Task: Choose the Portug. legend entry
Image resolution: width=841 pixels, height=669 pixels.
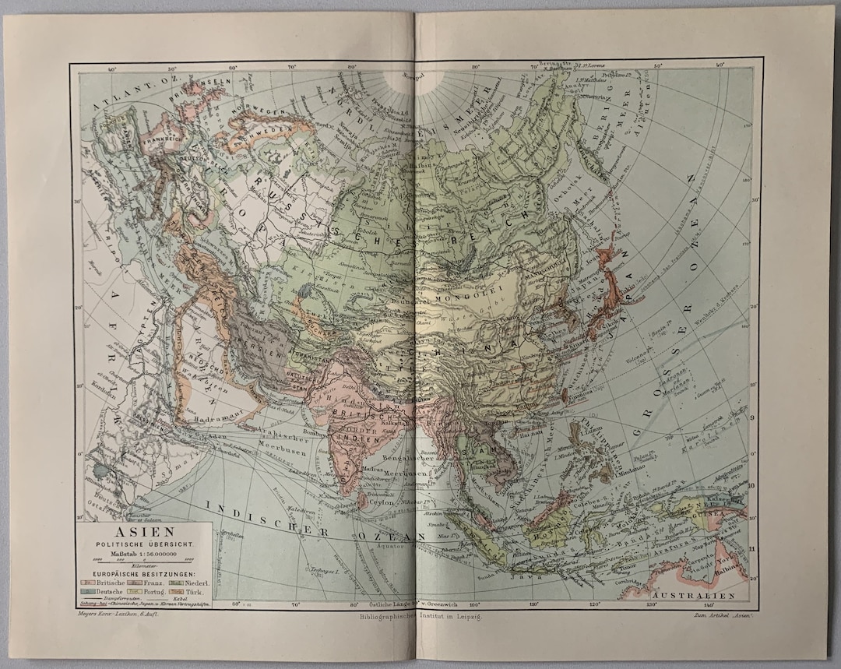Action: (146, 591)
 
